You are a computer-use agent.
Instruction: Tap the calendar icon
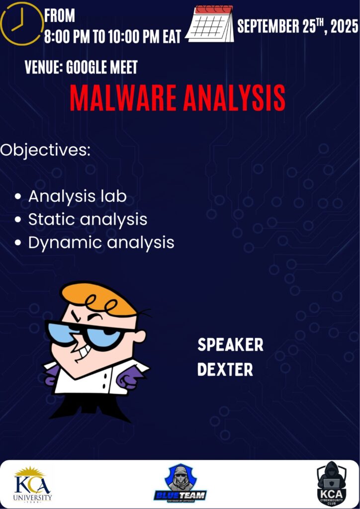click(x=210, y=24)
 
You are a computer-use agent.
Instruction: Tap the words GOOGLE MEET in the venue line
click(x=102, y=67)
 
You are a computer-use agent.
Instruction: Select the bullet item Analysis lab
click(x=77, y=196)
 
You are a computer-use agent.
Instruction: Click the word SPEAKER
click(x=231, y=345)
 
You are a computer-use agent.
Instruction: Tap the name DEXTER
click(x=225, y=370)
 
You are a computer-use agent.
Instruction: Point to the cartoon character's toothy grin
click(x=83, y=353)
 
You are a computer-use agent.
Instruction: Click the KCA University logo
click(x=33, y=484)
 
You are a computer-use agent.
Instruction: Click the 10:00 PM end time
click(x=132, y=37)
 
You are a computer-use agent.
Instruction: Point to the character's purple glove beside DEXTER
click(x=129, y=378)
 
